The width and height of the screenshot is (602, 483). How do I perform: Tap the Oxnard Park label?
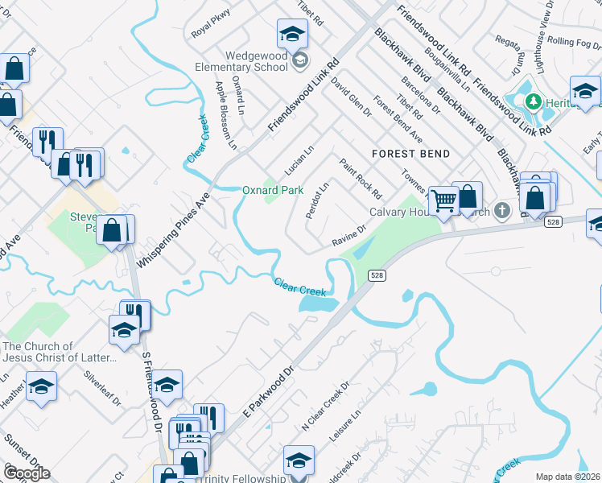tap(273, 191)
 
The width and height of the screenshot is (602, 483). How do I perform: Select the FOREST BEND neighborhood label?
tap(410, 153)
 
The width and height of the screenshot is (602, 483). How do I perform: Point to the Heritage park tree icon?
tap(532, 102)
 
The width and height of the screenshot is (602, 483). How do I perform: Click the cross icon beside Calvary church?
tap(501, 212)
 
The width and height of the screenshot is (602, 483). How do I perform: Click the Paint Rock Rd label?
tap(360, 179)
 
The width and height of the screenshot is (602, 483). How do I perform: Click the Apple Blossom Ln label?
tap(227, 117)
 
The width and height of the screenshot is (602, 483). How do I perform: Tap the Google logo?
tap(26, 473)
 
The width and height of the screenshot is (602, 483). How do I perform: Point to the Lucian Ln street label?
tap(298, 162)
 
